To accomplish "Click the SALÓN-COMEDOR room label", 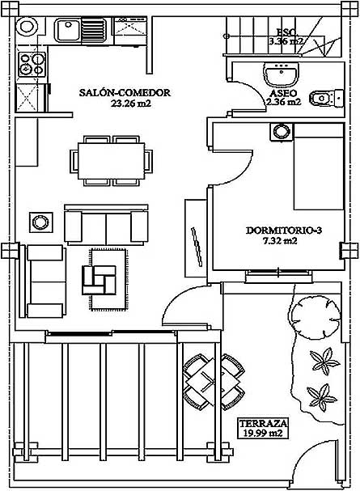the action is [125, 93].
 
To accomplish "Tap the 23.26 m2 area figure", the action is [131, 104].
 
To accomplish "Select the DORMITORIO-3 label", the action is [284, 231].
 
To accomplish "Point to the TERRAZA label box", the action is [263, 428].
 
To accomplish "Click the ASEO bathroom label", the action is [282, 93].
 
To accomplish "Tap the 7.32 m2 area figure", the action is [281, 241].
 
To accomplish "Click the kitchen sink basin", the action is [67, 30].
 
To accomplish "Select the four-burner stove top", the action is [32, 65].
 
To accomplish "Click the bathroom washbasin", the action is [281, 74].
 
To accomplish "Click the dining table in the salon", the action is [111, 161].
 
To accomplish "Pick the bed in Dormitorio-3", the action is [319, 167].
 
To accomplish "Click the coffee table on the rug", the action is [99, 280].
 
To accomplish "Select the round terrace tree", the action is [316, 317].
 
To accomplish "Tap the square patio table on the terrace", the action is [214, 382].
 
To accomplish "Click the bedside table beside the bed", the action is [282, 132].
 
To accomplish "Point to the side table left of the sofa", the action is [41, 222].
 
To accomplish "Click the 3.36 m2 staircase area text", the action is [286, 41].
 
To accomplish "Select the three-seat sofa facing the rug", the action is [106, 225].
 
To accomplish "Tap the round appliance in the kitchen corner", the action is [27, 25].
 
